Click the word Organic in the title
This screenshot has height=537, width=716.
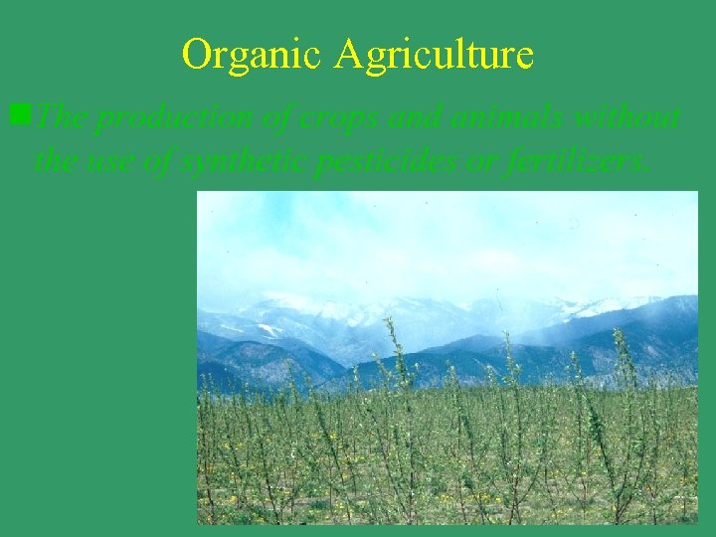point(254,54)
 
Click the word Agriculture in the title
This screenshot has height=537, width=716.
point(435,54)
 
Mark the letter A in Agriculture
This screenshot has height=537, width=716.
point(348,54)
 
